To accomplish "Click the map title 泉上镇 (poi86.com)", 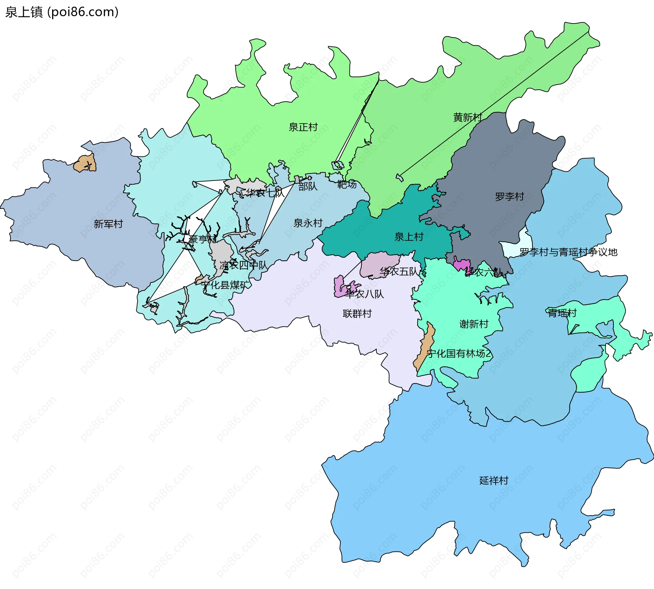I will click(x=62, y=12).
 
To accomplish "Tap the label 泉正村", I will click(x=303, y=127).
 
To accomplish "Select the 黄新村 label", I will click(x=467, y=117).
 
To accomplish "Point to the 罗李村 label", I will click(x=509, y=197).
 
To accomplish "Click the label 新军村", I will click(x=108, y=224).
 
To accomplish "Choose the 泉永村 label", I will click(x=308, y=223).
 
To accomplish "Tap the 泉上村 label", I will click(x=408, y=237).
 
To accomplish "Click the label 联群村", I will click(x=357, y=313).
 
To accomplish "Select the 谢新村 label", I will click(x=474, y=324).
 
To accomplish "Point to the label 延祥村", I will click(x=494, y=480).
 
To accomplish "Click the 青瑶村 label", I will click(x=562, y=313).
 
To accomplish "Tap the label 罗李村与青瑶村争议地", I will click(x=568, y=252).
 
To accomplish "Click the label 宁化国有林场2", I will click(x=458, y=354).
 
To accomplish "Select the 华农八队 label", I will click(x=364, y=294).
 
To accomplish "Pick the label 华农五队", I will click(x=399, y=272).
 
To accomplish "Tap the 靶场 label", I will click(x=347, y=185).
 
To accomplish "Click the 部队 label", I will click(x=308, y=186).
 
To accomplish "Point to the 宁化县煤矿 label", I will click(x=224, y=285).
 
